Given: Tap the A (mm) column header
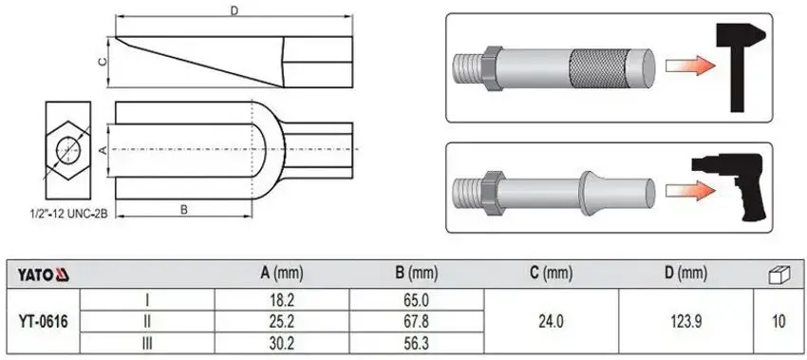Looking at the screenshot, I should tap(282, 275).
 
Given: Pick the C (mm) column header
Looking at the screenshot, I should tap(551, 275).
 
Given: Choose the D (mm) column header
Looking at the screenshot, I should tap(685, 275).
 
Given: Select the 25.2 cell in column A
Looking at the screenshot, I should tap(282, 322).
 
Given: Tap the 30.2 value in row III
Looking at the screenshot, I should tap(282, 344).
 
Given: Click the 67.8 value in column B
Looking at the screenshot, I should tap(416, 322).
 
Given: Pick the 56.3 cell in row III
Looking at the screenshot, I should tap(416, 344).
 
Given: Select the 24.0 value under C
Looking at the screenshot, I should tap(551, 322).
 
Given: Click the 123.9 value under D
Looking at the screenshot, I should tap(685, 322).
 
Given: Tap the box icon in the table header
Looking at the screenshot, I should tap(779, 275).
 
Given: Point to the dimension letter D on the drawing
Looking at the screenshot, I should tap(234, 12).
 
